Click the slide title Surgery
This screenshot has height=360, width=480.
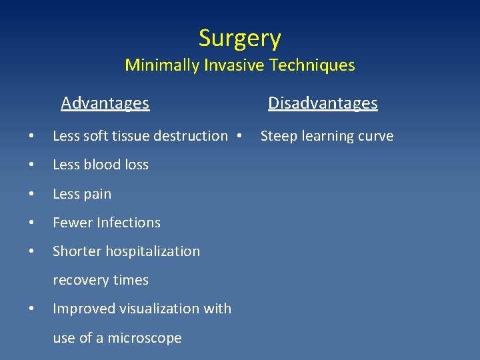pos(240,38)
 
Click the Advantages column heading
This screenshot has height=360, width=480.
pos(105,103)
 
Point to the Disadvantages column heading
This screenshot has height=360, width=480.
pos(323,103)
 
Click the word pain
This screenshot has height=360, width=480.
pos(97,194)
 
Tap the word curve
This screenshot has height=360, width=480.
pos(375,136)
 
